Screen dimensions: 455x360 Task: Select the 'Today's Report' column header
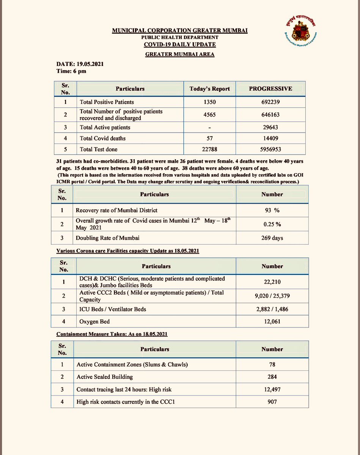tap(209, 89)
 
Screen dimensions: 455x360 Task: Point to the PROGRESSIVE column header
tap(270, 89)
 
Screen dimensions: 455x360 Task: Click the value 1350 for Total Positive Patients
tap(209, 102)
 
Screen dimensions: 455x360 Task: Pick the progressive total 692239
tap(270, 102)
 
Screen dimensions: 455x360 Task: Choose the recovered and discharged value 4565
tap(209, 115)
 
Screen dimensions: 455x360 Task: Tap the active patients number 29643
tap(270, 127)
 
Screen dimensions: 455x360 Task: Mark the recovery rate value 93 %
tap(272, 210)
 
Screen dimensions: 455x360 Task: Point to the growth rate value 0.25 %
tap(272, 224)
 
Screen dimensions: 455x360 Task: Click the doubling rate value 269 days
tap(272, 238)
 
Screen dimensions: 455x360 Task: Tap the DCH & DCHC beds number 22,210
tap(272, 282)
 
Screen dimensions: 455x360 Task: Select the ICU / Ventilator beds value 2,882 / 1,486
tap(272, 309)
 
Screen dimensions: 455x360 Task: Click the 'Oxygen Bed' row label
tap(94, 322)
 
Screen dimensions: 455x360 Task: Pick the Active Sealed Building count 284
tap(272, 377)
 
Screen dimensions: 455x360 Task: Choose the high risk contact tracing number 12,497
tap(272, 389)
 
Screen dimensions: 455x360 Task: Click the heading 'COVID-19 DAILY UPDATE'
tap(179, 44)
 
